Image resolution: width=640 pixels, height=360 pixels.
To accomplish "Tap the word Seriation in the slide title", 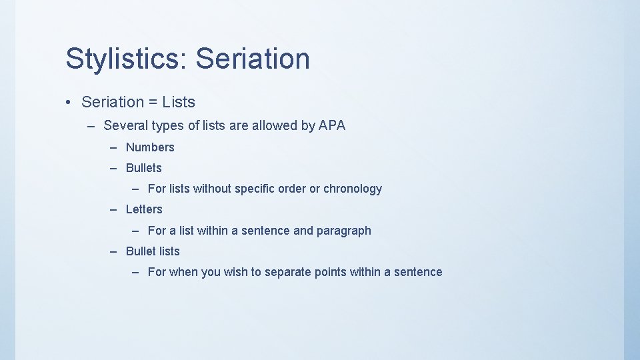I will point(253,59).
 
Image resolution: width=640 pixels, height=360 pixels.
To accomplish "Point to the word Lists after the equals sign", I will point(179,103).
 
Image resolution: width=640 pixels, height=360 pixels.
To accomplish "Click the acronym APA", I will point(332,125).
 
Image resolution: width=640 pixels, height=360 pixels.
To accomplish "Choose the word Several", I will point(127,125).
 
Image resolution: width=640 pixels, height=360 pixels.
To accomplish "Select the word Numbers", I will point(150,147).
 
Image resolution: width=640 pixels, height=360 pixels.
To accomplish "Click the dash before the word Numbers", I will point(114,147).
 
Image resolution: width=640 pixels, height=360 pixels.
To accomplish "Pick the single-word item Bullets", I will point(144,168).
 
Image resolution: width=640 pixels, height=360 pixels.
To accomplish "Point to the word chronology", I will point(353,189).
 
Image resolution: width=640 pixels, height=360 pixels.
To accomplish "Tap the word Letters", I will point(144,209).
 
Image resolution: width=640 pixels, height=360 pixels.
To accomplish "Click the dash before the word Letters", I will point(114,209).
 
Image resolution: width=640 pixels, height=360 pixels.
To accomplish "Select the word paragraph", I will point(343,231).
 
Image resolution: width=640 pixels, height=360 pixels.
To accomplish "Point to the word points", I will point(331,272).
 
